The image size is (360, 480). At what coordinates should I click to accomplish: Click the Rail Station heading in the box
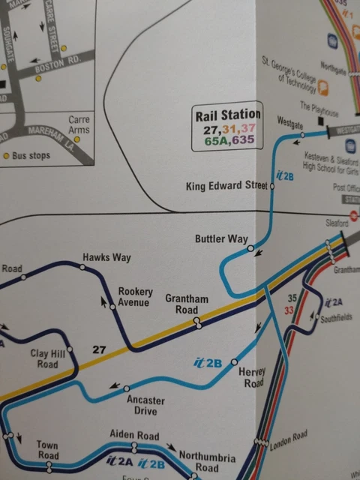pyautogui.click(x=226, y=115)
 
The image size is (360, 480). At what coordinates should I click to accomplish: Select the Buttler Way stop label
pyautogui.click(x=221, y=239)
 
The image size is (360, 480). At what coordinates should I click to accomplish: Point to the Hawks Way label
pyautogui.click(x=107, y=257)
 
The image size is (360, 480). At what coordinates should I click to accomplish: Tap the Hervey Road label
pyautogui.click(x=251, y=377)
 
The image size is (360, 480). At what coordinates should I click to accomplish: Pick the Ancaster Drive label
pyautogui.click(x=145, y=406)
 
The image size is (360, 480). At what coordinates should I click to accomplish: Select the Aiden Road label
pyautogui.click(x=134, y=435)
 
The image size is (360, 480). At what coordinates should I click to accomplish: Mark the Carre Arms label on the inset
pyautogui.click(x=79, y=124)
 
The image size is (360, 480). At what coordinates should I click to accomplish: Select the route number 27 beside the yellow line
pyautogui.click(x=98, y=349)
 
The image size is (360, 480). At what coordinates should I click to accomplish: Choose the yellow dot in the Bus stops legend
pyautogui.click(x=7, y=156)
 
